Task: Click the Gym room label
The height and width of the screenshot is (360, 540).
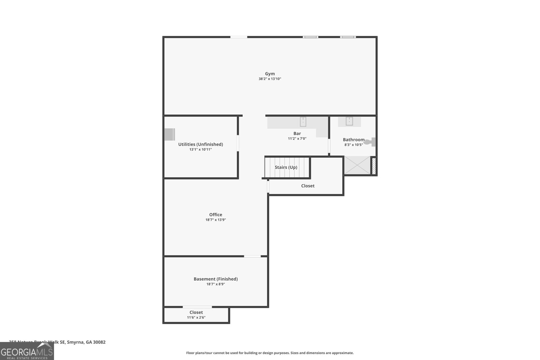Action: coord(270,74)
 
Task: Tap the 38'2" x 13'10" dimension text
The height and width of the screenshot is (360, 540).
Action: coord(270,79)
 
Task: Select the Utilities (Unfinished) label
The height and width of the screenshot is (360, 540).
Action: coord(200,144)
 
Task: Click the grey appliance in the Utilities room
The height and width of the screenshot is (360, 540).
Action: coord(169,134)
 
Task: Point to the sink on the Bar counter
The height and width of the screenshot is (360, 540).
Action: coord(303,121)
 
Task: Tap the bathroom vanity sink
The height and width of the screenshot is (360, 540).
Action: coord(349,121)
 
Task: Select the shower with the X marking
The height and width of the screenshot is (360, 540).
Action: coord(357,165)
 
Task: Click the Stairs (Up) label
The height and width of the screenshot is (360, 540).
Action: coord(286,167)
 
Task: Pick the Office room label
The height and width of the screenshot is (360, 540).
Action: coord(216,215)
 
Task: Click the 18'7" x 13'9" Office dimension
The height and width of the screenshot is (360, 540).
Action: coord(216,220)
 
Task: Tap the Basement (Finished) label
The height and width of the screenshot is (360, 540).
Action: coord(216,279)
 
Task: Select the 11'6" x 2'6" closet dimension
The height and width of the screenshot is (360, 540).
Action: coord(196,317)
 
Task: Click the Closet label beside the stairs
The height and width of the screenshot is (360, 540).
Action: coord(308,186)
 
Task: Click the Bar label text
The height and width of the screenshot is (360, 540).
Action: coord(297,134)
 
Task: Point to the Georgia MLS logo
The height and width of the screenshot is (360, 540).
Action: coord(27,352)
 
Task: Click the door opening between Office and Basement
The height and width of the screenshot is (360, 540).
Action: coord(252,256)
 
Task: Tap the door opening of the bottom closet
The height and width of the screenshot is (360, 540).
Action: coord(197,307)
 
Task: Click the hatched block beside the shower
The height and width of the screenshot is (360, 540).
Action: coord(374,166)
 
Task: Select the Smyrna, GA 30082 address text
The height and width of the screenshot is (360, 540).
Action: coord(86,342)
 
